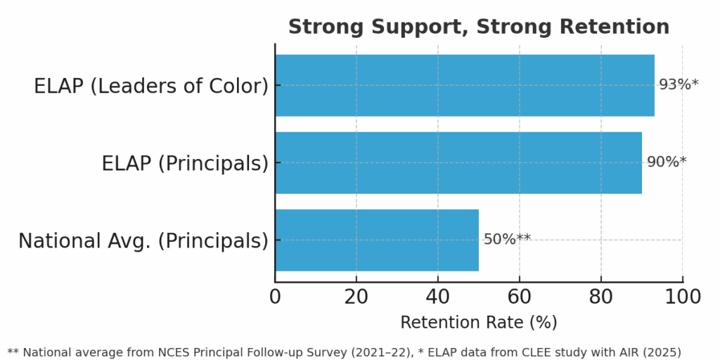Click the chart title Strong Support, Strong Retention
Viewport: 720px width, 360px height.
pyautogui.click(x=478, y=27)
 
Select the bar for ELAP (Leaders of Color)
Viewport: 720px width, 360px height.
pyautogui.click(x=464, y=85)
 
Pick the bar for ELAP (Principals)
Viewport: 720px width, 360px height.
pyautogui.click(x=458, y=162)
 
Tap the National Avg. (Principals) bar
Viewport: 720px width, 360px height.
pyautogui.click(x=376, y=240)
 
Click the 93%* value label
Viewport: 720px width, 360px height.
pyautogui.click(x=679, y=85)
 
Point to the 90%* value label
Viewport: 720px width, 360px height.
pyautogui.click(x=666, y=162)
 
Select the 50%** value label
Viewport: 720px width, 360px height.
pyautogui.click(x=507, y=240)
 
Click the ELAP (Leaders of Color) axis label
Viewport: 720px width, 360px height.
pyautogui.click(x=151, y=86)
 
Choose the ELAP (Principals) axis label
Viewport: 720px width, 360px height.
pyautogui.click(x=185, y=164)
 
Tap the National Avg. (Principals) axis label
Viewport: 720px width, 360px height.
pyautogui.click(x=143, y=241)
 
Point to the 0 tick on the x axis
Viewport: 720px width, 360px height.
pyautogui.click(x=275, y=297)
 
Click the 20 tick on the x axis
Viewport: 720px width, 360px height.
pyautogui.click(x=356, y=297)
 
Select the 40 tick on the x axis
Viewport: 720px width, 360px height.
pyautogui.click(x=438, y=297)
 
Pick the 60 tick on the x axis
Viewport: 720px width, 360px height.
pyautogui.click(x=520, y=297)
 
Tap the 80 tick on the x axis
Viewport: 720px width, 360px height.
pyautogui.click(x=601, y=297)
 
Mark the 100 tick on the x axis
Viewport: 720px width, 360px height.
pyautogui.click(x=683, y=297)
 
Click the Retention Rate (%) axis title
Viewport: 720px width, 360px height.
pyautogui.click(x=478, y=323)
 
